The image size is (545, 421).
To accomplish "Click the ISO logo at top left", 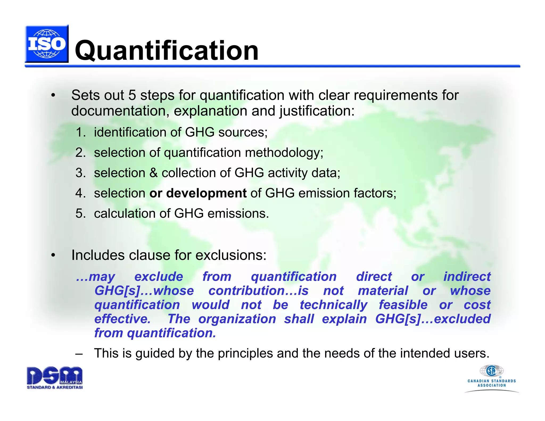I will click(47, 44).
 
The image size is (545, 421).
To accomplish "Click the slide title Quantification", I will click(167, 51).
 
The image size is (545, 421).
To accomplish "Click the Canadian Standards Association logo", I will click(492, 378).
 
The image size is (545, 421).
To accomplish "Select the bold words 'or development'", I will click(198, 193).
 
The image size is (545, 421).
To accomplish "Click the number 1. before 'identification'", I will click(80, 133).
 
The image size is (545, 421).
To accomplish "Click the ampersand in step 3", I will click(154, 173).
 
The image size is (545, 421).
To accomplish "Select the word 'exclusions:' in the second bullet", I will click(231, 255).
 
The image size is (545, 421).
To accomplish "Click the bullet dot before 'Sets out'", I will click(53, 96).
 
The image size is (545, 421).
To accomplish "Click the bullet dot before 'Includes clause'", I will click(53, 255).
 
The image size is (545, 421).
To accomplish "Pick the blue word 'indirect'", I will click(467, 277).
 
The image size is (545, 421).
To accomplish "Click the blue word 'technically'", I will click(333, 305).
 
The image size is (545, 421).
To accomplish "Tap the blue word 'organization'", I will click(237, 319).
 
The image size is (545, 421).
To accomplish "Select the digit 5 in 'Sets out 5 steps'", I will click(132, 96).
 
